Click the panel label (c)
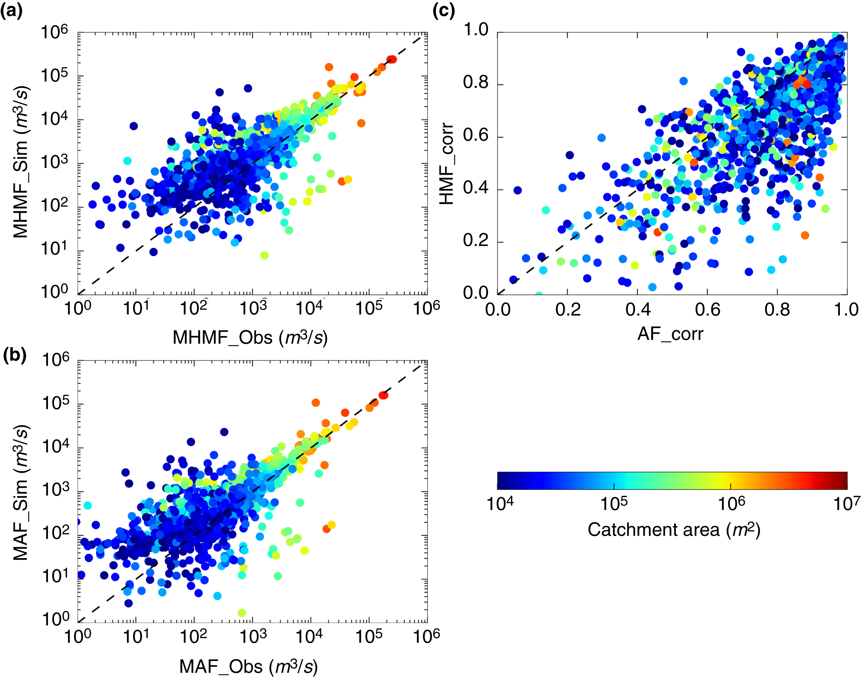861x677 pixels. pos(443,11)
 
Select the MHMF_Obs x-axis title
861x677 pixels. pos(250,338)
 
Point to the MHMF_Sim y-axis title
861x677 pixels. pos(20,162)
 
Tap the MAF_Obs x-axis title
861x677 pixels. pos(249,666)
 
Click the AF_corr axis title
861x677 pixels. pos(670,334)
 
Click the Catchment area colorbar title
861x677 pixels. pos(674,529)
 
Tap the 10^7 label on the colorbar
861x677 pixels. pos(846,504)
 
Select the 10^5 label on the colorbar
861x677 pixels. pos(614,504)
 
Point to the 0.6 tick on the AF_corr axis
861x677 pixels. pos(707,309)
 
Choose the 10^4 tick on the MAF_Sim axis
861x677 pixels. pos(55,447)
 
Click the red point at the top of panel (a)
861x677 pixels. pos(391,59)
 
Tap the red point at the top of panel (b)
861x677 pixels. pos(383,395)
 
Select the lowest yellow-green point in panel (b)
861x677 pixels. pos(242,612)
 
